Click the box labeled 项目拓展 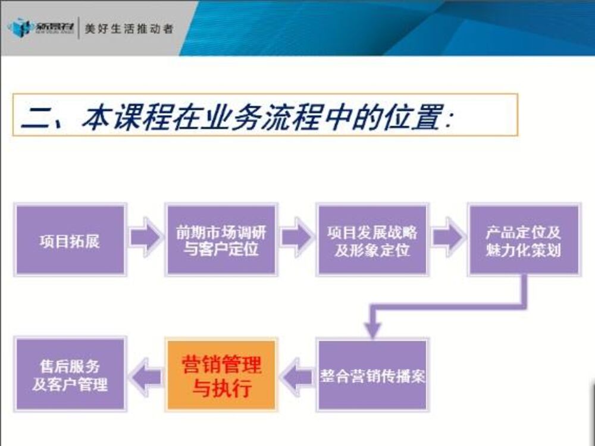[x=70, y=240]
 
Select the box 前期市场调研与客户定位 [x=221, y=240]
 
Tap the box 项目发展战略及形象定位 [x=372, y=240]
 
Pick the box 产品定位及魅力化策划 [x=523, y=240]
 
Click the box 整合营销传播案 [x=372, y=375]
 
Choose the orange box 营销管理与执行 [x=221, y=375]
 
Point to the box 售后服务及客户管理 [x=70, y=375]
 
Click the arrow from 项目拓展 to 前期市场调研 [x=145, y=237]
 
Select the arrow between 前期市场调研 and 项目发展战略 [x=296, y=237]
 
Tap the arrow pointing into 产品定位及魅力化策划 [x=447, y=237]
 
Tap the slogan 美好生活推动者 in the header [x=129, y=28]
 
